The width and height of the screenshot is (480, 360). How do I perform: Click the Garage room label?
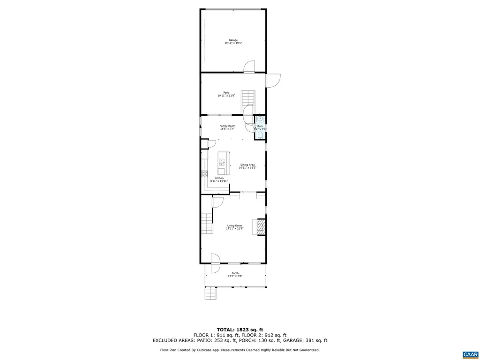(233, 40)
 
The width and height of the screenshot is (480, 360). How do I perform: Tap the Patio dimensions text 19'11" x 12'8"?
(226, 96)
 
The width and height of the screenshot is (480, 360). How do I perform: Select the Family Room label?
(227, 126)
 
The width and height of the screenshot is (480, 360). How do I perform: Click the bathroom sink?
(260, 120)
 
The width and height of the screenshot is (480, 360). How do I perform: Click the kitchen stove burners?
(204, 173)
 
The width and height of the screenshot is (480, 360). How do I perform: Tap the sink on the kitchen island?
(221, 163)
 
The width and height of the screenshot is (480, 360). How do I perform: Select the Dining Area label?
(247, 165)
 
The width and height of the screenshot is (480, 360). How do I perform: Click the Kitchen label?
(219, 178)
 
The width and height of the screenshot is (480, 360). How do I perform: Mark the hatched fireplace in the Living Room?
(261, 227)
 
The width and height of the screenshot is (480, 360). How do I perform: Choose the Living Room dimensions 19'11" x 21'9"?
(234, 229)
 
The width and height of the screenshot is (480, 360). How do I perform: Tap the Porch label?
(235, 273)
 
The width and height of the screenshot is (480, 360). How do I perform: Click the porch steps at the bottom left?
(211, 294)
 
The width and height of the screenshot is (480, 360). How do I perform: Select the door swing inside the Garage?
(249, 67)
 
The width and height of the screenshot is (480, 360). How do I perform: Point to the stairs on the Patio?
(248, 98)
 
